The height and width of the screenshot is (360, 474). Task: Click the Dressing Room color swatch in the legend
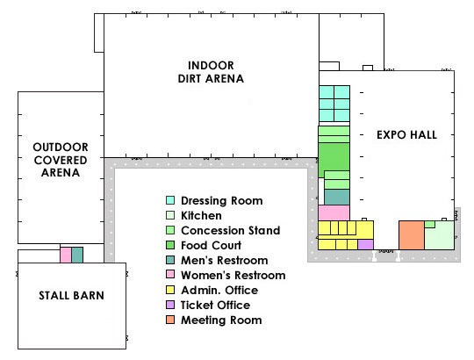tap(170, 200)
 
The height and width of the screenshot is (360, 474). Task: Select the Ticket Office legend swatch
tap(170, 305)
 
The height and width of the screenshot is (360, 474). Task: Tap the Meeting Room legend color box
tap(170, 320)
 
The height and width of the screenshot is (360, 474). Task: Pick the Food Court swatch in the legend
tap(170, 245)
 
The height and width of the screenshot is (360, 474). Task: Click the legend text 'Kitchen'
tap(201, 215)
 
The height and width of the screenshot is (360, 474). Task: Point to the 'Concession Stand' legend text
tap(231, 230)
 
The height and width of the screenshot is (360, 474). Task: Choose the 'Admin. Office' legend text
tap(219, 290)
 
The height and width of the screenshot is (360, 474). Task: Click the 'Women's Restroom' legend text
tap(233, 276)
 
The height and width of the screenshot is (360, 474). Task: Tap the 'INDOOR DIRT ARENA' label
tap(211, 72)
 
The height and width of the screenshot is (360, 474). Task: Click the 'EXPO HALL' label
tap(407, 135)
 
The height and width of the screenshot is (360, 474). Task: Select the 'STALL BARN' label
tap(72, 295)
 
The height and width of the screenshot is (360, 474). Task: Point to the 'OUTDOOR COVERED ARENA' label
tap(61, 160)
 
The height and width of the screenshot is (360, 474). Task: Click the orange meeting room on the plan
tap(412, 235)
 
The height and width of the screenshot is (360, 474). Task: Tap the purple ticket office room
tap(365, 244)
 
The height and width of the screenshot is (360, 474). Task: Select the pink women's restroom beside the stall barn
tap(66, 256)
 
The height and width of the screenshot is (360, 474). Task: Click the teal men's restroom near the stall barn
tap(77, 256)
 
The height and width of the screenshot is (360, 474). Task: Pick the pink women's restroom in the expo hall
tap(334, 212)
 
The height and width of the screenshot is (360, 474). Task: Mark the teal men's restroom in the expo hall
tap(337, 198)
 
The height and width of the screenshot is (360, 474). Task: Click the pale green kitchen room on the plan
tap(440, 237)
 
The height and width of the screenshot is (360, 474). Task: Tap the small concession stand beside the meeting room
tap(430, 224)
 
